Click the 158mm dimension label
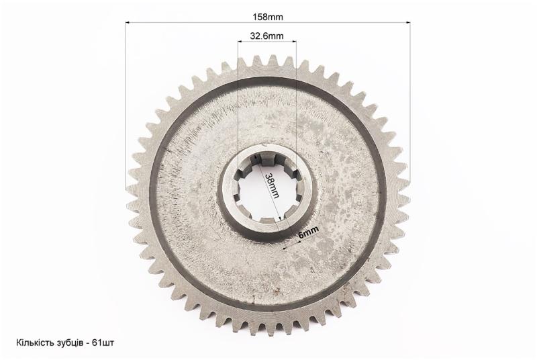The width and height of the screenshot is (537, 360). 267,17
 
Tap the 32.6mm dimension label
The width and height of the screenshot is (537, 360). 266,36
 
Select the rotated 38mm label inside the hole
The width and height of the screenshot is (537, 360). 273,185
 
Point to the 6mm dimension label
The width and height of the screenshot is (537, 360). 309,232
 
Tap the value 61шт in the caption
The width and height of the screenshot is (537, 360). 103,343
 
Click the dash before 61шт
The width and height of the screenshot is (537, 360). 87,344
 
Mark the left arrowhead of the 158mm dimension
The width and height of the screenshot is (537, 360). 127,23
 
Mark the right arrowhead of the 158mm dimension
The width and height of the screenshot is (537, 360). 408,23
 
